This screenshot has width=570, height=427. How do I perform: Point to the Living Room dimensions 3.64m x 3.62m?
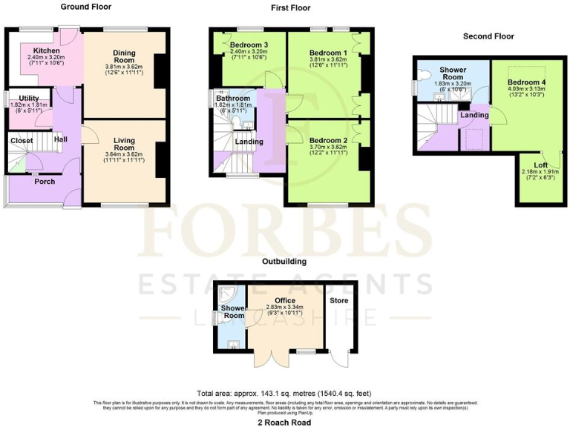pos(124,154)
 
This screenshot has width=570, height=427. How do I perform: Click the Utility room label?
pos(29,98)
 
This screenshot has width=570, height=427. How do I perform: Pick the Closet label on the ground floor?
pos(22,140)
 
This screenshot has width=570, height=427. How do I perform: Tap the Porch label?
pos(45,181)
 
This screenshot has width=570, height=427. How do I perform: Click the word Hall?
pos(61,139)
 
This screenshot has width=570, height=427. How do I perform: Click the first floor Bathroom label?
pos(232,98)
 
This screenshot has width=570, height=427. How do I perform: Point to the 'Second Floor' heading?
pos(488,36)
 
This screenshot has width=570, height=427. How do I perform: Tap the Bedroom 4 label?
pos(526,82)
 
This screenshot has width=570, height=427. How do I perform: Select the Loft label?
pos(541,165)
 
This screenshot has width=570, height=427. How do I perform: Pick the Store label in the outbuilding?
pos(340,301)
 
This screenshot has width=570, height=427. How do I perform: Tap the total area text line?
pos(284,393)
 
